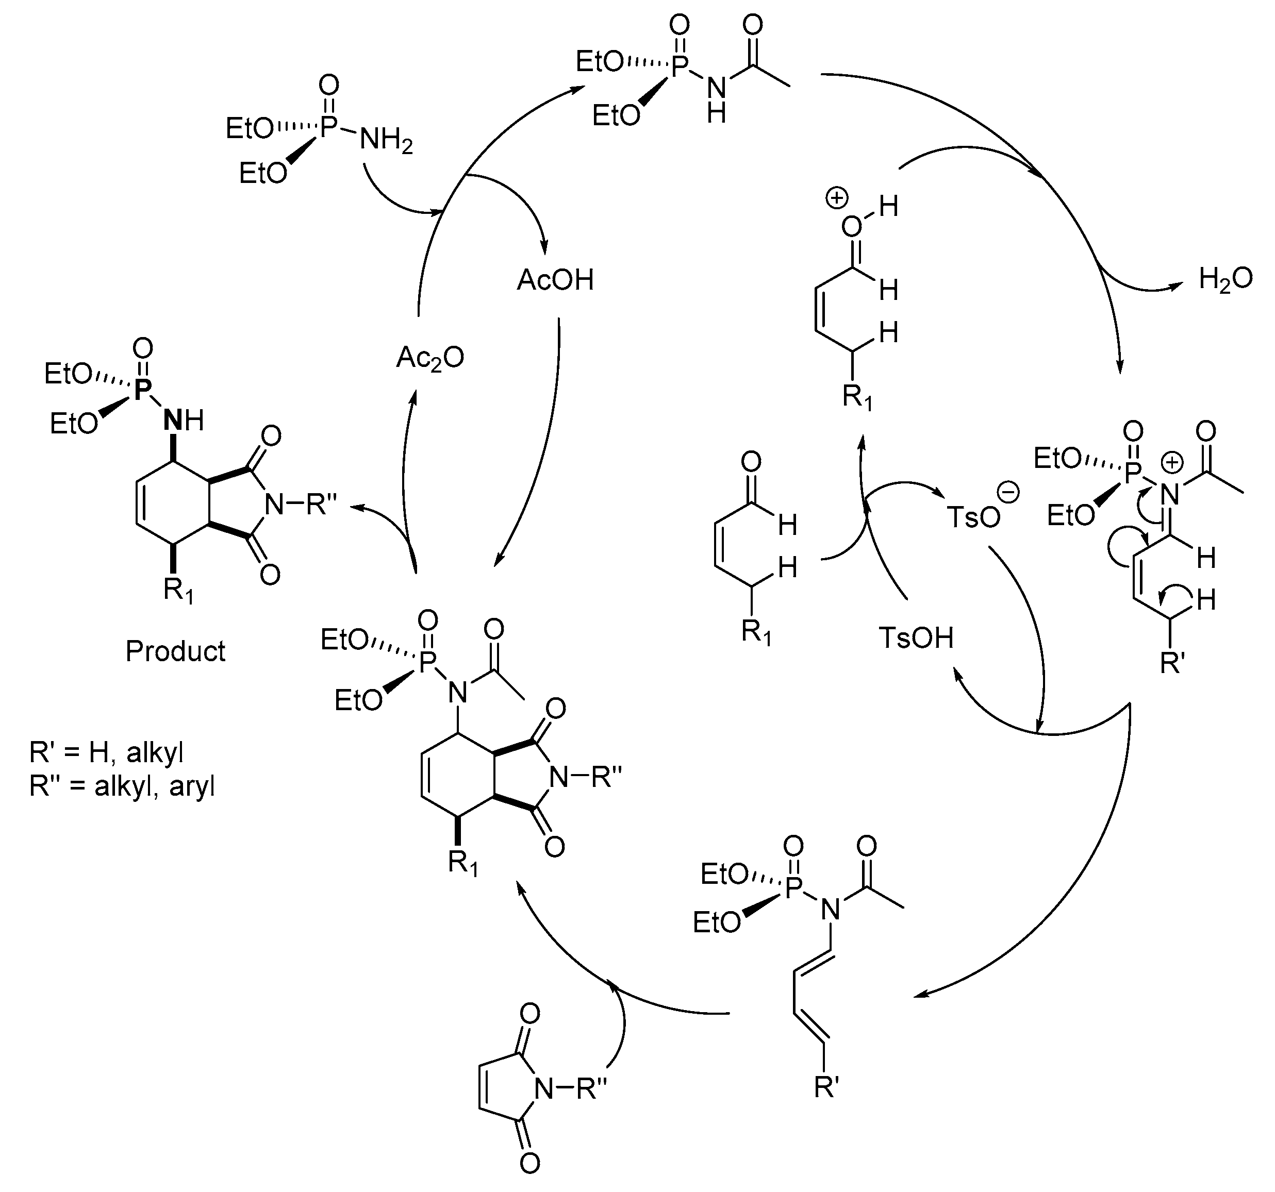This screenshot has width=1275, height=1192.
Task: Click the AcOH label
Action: tap(555, 280)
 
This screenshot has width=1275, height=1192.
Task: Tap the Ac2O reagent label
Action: tap(429, 358)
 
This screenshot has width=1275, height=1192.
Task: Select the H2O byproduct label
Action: tap(1225, 280)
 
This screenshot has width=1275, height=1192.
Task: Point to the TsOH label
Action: tap(915, 638)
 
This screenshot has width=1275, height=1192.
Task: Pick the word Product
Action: tap(175, 651)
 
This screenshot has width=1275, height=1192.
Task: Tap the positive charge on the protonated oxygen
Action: tap(836, 199)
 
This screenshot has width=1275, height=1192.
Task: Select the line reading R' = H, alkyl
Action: tap(106, 752)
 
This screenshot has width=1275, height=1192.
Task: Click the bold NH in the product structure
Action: tap(184, 421)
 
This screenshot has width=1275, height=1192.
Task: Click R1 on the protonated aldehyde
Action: tap(857, 399)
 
